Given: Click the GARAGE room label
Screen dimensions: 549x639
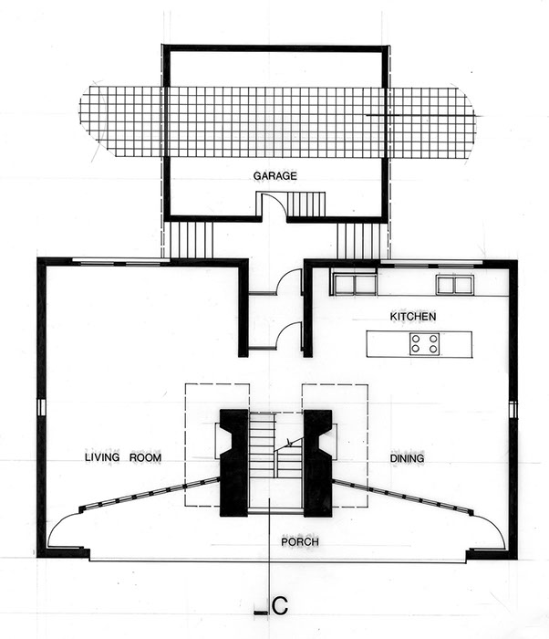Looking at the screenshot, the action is click(274, 176).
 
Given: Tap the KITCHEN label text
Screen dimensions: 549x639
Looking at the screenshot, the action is click(413, 316).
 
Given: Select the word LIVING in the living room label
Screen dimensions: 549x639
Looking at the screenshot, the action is click(102, 457).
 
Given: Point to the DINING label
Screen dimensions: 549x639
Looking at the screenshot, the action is click(407, 458).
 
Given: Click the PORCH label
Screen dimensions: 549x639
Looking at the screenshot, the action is click(300, 542).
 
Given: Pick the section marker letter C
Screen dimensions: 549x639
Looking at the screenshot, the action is click(280, 606).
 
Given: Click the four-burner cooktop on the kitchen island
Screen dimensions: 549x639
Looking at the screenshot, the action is click(424, 343).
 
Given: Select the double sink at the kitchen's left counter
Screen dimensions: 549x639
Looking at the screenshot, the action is click(355, 284).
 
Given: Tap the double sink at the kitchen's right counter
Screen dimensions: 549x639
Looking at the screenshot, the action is click(455, 285).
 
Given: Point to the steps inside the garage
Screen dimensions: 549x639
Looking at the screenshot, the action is click(306, 204).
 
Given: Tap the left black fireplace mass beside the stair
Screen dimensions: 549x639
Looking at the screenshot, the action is click(234, 463).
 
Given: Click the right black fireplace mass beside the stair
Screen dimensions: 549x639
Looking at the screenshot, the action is click(317, 464).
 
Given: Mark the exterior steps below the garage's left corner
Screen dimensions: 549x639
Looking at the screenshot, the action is click(191, 239).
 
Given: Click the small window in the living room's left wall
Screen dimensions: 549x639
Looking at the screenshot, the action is click(40, 407).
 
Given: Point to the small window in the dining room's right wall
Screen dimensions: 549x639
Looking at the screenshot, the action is click(513, 409).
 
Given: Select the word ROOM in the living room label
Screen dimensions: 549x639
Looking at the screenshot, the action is click(145, 457).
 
